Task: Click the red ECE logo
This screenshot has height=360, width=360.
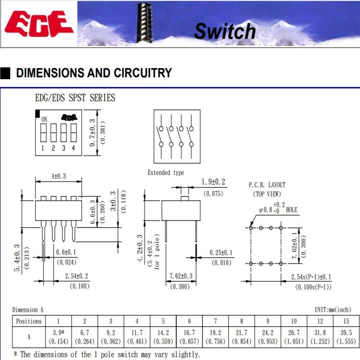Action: pyautogui.click(x=39, y=24)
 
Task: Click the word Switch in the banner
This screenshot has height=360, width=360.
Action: pyautogui.click(x=225, y=31)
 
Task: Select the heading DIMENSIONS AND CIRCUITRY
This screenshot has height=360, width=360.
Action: pyautogui.click(x=94, y=73)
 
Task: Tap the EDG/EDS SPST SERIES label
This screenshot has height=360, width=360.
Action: pyautogui.click(x=75, y=98)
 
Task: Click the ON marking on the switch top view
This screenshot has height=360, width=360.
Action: pyautogui.click(x=44, y=119)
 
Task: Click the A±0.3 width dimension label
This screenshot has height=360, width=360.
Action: pyautogui.click(x=59, y=176)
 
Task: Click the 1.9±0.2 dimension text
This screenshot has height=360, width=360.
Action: pyautogui.click(x=213, y=182)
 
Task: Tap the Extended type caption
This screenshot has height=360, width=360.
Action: pyautogui.click(x=166, y=172)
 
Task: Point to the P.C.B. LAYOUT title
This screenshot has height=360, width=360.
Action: pyautogui.click(x=267, y=185)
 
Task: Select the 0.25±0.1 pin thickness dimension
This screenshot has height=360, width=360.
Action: pyautogui.click(x=220, y=252)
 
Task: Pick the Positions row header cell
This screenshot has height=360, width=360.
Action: pyautogui.click(x=29, y=321)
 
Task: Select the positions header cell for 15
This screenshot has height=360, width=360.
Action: pyautogui.click(x=346, y=321)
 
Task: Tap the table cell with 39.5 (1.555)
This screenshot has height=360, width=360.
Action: pyautogui.click(x=346, y=336)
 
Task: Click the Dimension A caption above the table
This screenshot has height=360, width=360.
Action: pyautogui.click(x=28, y=310)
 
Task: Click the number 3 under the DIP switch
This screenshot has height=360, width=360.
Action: pyautogui.click(x=63, y=148)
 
